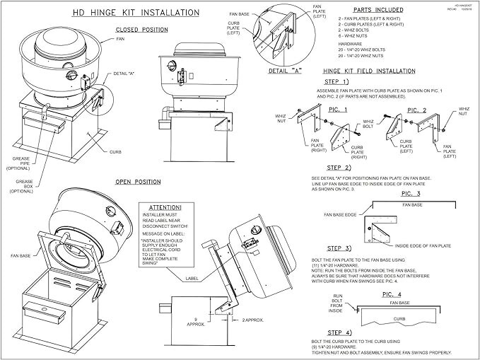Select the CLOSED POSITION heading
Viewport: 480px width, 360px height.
[x=141, y=30]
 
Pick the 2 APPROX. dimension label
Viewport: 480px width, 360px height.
[x=252, y=320]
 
